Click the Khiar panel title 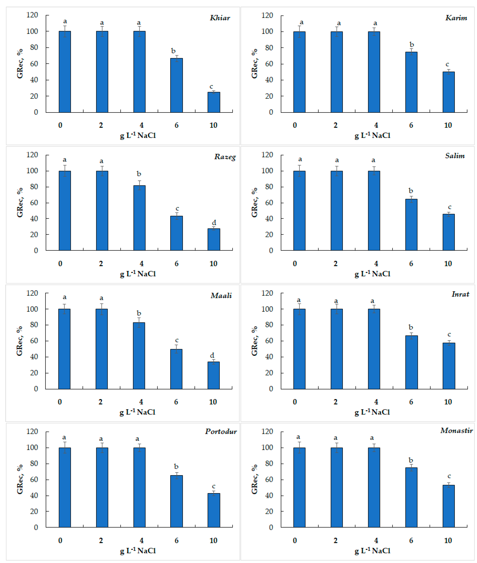220,18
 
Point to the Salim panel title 455,156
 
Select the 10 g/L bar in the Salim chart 449,232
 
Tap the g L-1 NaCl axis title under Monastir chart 372,551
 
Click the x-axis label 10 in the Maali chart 213,402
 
